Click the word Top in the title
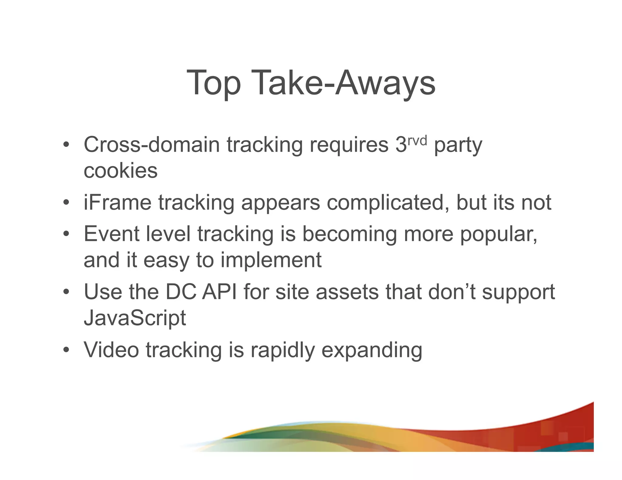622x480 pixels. [214, 83]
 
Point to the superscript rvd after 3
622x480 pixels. [417, 140]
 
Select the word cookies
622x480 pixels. [121, 171]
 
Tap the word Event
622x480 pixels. [111, 234]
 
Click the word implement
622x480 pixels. [271, 260]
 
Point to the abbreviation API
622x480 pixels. [219, 292]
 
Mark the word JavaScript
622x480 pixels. [135, 318]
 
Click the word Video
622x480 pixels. [111, 350]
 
